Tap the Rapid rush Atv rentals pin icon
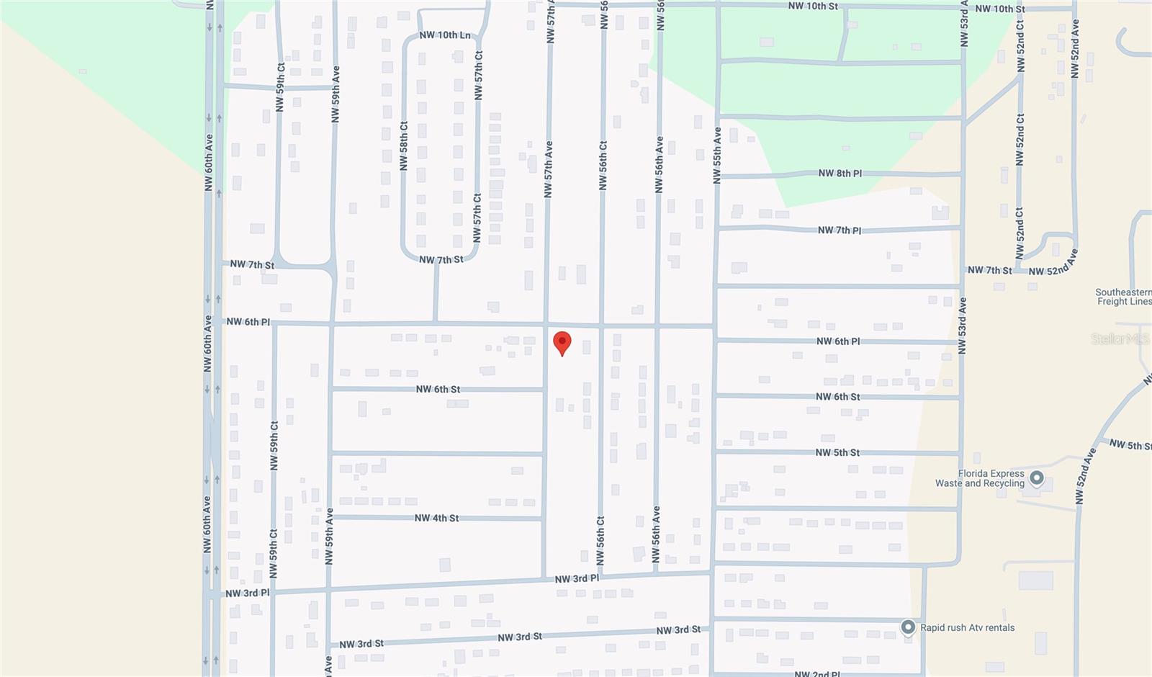[x=908, y=627]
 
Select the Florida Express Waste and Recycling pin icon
[x=1037, y=478]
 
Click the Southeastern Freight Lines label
[x=1123, y=297]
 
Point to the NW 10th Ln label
[x=445, y=35]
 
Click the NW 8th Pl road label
[x=840, y=173]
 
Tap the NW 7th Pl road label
[x=840, y=230]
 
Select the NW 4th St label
[x=436, y=518]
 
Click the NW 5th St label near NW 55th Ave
[x=837, y=452]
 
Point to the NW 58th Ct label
[x=403, y=145]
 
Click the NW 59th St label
[x=280, y=87]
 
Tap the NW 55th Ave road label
[x=716, y=156]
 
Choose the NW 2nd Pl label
[x=816, y=673]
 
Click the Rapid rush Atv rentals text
[x=967, y=627]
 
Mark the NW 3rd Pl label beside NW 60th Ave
[x=247, y=593]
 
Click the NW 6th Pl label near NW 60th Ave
[x=248, y=321]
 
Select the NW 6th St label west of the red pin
[x=438, y=389]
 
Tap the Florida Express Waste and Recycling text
[x=980, y=478]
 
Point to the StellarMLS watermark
[x=1119, y=338]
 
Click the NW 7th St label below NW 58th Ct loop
[x=441, y=259]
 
